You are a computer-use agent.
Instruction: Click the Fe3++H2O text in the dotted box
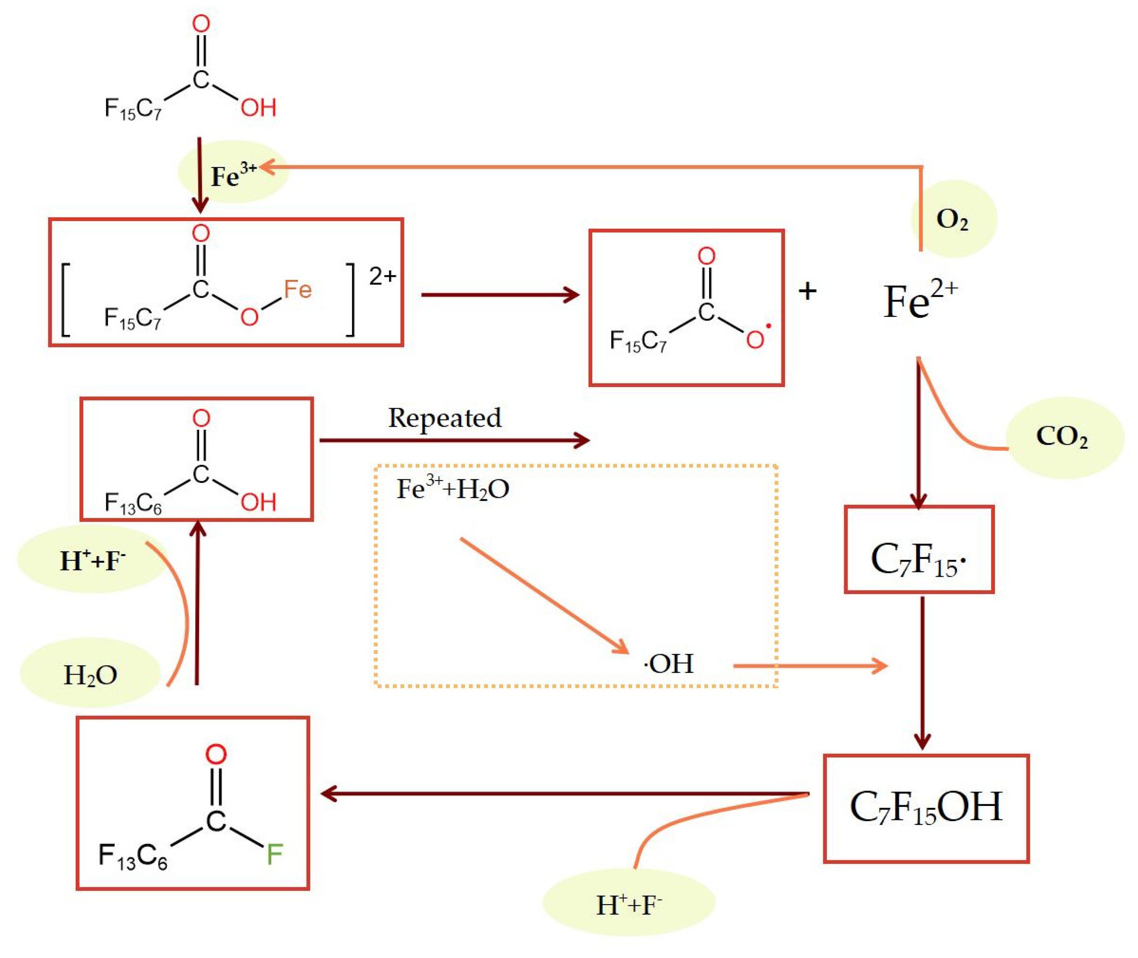(x=452, y=488)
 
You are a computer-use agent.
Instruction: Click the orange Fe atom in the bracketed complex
(x=298, y=290)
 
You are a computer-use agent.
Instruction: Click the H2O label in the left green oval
(x=90, y=675)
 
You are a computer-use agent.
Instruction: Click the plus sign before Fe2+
(x=807, y=292)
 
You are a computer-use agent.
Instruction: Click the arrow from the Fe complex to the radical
(x=499, y=295)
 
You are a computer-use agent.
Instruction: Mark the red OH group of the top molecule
(x=258, y=107)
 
